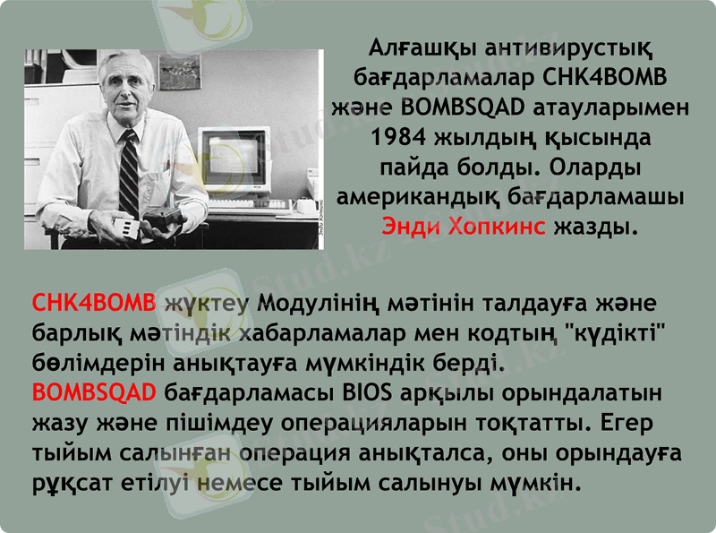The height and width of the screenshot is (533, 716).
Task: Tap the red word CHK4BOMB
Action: tap(94, 300)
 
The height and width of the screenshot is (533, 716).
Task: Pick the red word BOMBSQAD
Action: tap(94, 392)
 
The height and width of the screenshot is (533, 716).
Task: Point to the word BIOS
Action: tap(368, 392)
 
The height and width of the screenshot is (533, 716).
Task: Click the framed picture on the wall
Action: tap(179, 72)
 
